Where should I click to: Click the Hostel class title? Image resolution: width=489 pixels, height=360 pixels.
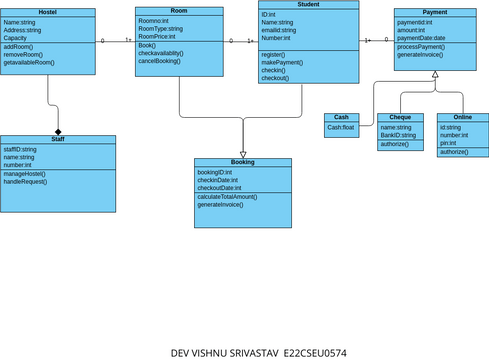tap(47, 12)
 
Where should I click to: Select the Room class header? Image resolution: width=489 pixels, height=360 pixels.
tap(179, 10)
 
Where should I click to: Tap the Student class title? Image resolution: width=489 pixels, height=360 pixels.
tap(308, 6)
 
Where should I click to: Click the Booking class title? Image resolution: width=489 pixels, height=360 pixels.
tap(242, 162)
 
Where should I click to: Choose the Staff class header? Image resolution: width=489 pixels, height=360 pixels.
tap(58, 140)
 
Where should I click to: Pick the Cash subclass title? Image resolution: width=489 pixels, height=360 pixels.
tap(341, 117)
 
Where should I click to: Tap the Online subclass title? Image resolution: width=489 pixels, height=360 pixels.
tap(462, 118)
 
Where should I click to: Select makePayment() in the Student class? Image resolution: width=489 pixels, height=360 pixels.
tap(283, 62)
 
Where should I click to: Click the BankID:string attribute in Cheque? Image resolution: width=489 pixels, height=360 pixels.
tap(399, 135)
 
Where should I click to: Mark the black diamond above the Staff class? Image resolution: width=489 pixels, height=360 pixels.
tap(58, 132)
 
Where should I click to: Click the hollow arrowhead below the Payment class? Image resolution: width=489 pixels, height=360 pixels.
tap(435, 89)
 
